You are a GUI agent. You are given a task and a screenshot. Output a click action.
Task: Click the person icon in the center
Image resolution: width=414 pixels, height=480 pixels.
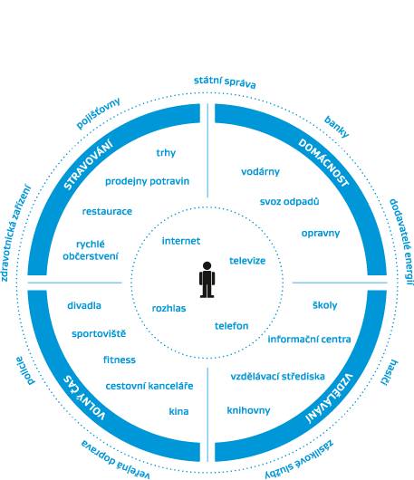[x=207, y=280]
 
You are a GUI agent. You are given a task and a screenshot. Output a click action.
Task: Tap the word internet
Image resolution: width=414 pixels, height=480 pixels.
[x=181, y=241]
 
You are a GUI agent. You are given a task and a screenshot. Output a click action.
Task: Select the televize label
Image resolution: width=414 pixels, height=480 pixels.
[x=247, y=261]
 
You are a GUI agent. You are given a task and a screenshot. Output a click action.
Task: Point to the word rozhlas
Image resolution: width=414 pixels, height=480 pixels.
[x=169, y=308]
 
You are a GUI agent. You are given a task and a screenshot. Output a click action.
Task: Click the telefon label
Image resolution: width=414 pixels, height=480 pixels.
[x=232, y=326]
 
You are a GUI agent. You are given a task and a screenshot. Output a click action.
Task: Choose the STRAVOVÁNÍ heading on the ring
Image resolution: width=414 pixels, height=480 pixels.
[x=88, y=165]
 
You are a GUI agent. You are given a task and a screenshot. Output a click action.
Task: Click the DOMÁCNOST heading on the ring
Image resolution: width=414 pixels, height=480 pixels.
[x=323, y=162]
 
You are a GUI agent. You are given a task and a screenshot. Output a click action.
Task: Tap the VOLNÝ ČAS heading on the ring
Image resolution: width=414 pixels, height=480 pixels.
[x=84, y=398]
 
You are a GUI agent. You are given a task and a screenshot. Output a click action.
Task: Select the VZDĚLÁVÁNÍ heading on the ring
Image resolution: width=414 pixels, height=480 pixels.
[x=330, y=398]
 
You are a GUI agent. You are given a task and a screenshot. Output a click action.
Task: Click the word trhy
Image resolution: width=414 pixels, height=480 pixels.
[x=166, y=153]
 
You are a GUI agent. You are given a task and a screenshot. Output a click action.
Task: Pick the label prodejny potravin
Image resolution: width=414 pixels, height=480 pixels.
[x=148, y=181]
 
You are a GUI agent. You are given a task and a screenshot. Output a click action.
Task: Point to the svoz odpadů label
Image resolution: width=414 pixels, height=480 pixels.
[x=289, y=202]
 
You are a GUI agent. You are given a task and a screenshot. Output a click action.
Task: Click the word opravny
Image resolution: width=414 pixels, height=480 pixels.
[x=321, y=234]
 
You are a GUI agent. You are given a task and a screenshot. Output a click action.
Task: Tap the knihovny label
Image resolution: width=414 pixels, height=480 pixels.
[x=248, y=410]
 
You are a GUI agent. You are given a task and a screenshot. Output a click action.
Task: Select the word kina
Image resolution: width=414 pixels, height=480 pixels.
[x=178, y=411]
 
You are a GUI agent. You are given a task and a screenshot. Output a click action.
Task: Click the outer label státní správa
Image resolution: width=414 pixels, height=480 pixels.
[x=225, y=82]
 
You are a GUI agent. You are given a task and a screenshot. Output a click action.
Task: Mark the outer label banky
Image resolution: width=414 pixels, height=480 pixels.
[x=336, y=127]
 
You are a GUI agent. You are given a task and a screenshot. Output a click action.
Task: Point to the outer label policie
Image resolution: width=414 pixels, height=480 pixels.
[x=25, y=370]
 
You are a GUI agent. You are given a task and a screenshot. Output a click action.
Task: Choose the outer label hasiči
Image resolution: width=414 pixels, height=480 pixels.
[x=390, y=372]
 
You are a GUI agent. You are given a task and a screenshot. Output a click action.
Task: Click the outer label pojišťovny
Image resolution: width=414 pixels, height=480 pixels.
[x=98, y=113]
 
